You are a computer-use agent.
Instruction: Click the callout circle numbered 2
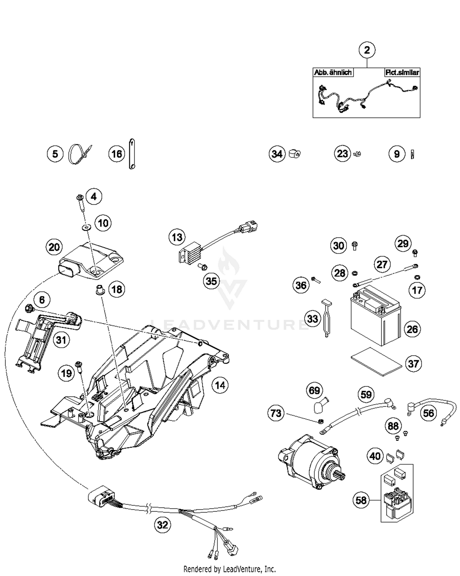(367, 50)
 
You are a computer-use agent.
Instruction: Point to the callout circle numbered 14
(220, 385)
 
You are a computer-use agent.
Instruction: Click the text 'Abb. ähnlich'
(333, 73)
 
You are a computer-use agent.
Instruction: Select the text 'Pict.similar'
(402, 73)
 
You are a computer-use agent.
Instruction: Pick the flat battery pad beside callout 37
(376, 361)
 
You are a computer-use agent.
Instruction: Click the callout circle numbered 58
(361, 500)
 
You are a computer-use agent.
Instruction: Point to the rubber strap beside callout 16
(132, 154)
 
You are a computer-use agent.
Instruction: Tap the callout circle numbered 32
(162, 525)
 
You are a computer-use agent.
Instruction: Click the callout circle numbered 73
(276, 413)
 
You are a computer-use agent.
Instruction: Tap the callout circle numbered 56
(428, 413)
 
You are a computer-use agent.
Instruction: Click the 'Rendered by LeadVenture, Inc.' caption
(229, 569)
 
